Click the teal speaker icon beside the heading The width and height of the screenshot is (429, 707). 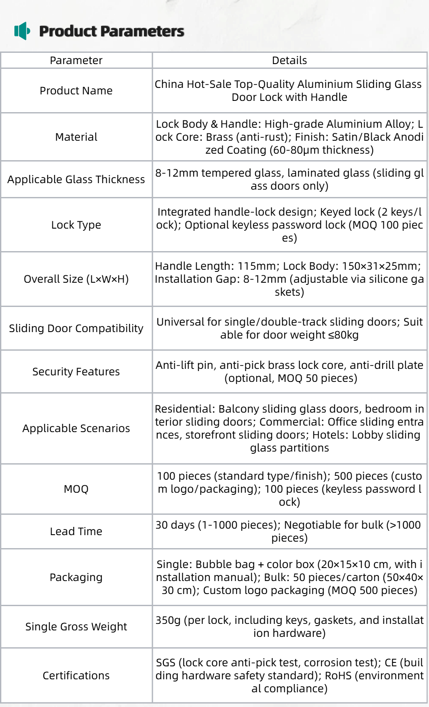(x=22, y=31)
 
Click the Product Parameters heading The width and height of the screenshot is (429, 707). (x=111, y=31)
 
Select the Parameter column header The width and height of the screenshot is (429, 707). (x=76, y=61)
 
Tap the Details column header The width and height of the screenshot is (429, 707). (x=289, y=61)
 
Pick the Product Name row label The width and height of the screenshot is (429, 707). (x=76, y=91)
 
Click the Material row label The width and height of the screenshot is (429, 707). (x=76, y=137)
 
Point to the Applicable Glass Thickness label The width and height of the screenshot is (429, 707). (x=76, y=180)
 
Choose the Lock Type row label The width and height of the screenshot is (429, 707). (x=76, y=225)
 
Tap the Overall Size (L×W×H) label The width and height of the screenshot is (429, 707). (x=76, y=279)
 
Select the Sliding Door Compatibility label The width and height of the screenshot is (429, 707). (x=76, y=329)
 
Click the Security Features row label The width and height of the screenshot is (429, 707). (x=76, y=372)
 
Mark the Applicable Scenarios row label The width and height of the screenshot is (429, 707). (x=76, y=429)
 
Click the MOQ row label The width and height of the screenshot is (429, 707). (x=76, y=489)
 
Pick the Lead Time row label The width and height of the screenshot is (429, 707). (x=76, y=532)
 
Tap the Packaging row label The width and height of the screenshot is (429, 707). (x=76, y=578)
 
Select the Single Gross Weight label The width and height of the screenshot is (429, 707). (x=76, y=627)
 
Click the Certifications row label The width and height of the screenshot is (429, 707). (x=76, y=676)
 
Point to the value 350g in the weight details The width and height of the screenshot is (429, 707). (x=168, y=620)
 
